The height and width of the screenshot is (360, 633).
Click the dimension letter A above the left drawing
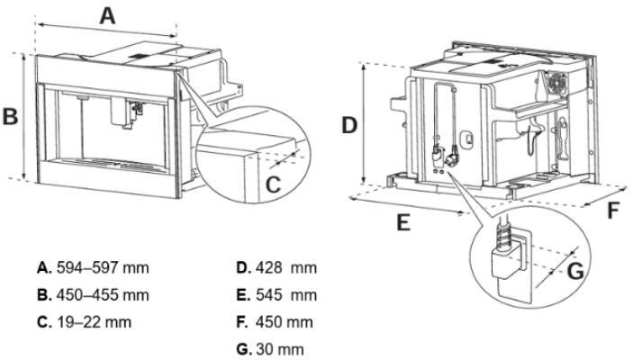pos(108,15)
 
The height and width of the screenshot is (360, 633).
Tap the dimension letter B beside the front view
pos(12,117)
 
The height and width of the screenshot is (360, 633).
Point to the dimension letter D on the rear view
pos(350,125)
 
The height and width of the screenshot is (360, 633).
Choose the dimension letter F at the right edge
pos(611,212)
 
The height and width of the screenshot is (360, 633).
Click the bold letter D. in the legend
pos(243,268)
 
